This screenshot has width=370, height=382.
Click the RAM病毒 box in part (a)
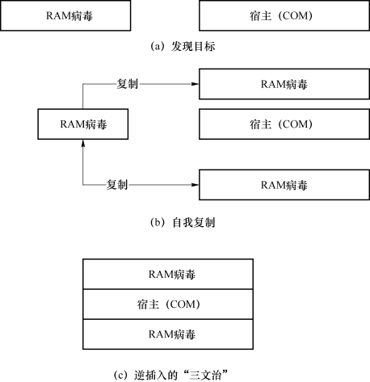click(65, 15)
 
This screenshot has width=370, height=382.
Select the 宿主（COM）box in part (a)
click(284, 15)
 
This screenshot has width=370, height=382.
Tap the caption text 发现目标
click(193, 47)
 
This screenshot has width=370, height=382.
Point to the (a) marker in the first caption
click(158, 47)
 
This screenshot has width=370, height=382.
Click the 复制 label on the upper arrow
click(127, 84)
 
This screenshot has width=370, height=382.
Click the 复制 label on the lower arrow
click(117, 185)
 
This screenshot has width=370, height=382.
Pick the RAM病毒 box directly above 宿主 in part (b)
click(284, 84)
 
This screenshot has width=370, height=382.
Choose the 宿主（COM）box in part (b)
click(284, 124)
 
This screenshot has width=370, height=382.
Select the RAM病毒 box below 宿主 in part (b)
click(284, 185)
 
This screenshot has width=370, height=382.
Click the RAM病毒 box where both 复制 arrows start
click(83, 124)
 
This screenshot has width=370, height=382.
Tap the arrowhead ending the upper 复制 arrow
click(195, 84)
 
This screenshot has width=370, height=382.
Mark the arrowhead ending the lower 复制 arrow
click(195, 185)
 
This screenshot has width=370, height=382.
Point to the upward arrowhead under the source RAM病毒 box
click(83, 143)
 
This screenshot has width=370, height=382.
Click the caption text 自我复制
click(194, 223)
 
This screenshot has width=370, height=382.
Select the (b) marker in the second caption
click(158, 223)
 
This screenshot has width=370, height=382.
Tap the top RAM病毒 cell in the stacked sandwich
click(168, 274)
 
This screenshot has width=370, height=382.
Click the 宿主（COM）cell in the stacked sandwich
click(168, 304)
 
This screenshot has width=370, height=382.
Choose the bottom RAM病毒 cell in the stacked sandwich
click(168, 334)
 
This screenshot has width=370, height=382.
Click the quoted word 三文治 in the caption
click(205, 375)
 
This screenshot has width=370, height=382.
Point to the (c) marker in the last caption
click(120, 375)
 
